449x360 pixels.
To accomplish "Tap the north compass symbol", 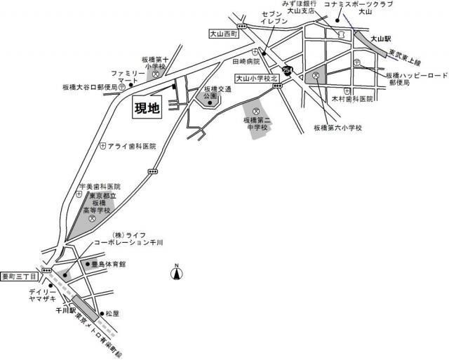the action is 177,272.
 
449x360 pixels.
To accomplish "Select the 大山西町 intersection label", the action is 224,34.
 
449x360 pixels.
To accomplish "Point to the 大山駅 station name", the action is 380,39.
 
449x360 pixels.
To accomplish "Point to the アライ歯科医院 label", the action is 130,146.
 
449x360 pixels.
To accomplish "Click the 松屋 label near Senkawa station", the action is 113,313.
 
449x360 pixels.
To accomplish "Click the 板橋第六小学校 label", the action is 337,128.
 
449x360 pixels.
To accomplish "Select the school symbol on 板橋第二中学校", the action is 256,112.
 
